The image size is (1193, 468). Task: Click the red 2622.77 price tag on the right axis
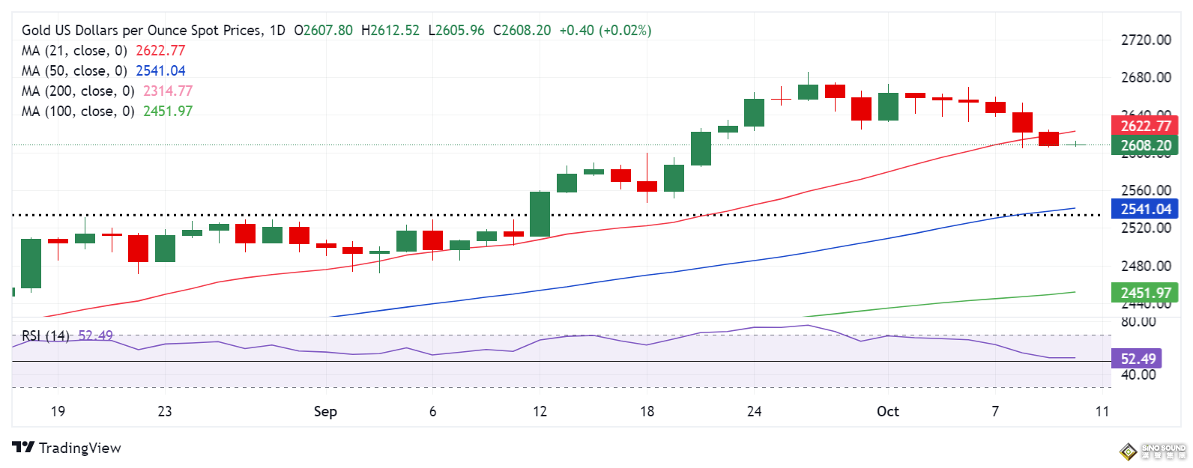click(1145, 126)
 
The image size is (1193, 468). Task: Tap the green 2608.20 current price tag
click(1145, 145)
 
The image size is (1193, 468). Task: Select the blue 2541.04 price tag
click(1145, 209)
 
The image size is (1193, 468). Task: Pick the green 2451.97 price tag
click(1145, 293)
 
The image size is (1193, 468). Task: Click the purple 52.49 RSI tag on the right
click(1138, 359)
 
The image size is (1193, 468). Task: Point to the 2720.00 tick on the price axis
click(1145, 40)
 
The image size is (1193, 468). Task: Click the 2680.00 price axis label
click(1145, 77)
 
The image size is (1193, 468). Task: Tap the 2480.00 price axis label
click(1145, 266)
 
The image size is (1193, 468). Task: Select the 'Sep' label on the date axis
click(325, 411)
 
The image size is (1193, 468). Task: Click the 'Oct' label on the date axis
click(888, 411)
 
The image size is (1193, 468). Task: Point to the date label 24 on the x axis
click(754, 411)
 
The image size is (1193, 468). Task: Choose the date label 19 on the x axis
click(58, 411)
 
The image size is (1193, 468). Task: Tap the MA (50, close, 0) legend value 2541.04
click(160, 70)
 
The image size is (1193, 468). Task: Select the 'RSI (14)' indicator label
click(45, 335)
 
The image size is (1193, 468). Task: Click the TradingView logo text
click(79, 448)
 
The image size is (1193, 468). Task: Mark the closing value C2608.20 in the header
click(522, 31)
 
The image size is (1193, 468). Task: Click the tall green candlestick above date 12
click(540, 214)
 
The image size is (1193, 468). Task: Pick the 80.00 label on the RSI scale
click(1138, 321)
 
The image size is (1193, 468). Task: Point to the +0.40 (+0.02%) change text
click(605, 31)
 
